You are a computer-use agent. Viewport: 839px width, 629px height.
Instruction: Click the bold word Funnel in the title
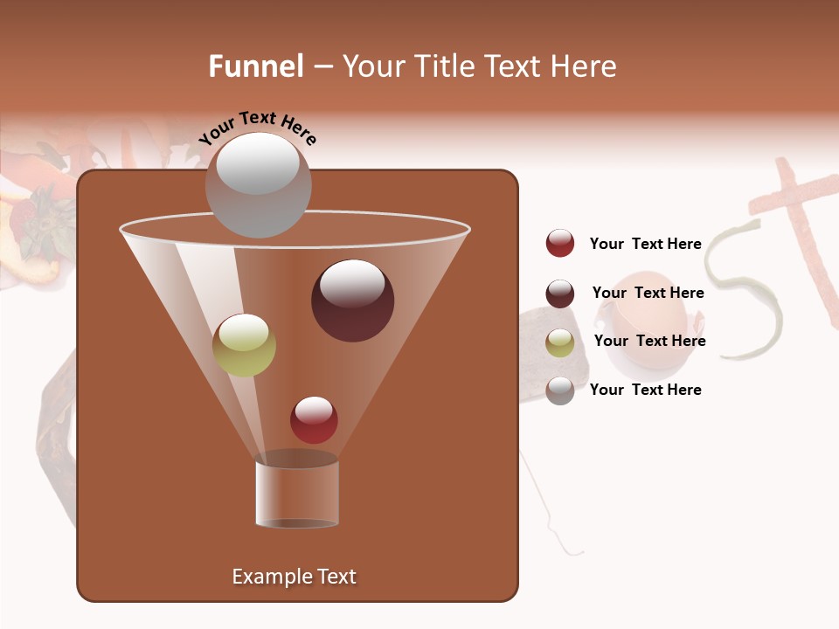(256, 66)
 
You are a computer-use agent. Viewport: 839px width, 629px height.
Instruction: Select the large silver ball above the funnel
(258, 184)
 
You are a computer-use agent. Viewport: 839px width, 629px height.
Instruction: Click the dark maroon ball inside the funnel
(352, 300)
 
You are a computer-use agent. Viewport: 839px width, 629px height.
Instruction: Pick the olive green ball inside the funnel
(244, 345)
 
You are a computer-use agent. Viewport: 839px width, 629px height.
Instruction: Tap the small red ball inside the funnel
(314, 419)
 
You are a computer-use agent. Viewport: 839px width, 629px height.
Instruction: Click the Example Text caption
(294, 577)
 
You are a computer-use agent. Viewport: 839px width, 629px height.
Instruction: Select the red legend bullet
(560, 243)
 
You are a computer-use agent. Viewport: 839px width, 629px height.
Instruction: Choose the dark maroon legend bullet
(560, 294)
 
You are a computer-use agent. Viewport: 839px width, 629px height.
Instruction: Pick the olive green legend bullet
(560, 342)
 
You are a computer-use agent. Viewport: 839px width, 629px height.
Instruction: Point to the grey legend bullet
(560, 391)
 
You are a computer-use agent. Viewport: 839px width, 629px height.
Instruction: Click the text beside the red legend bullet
(645, 244)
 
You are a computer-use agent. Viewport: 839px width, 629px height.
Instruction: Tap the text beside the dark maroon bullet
(648, 293)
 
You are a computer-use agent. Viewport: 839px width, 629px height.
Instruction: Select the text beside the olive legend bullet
(649, 341)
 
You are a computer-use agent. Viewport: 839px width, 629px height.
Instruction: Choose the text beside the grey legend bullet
(645, 390)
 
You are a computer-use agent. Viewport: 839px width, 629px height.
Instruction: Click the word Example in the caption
(265, 577)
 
